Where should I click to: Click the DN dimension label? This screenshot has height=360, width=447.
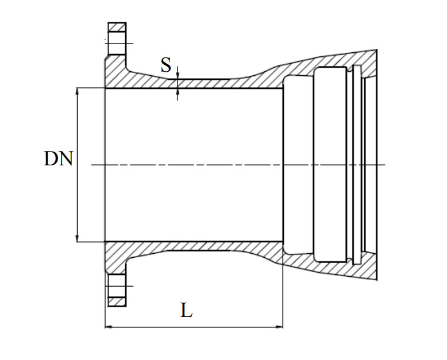pos(59,158)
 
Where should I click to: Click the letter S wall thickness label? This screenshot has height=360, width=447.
pos(166,65)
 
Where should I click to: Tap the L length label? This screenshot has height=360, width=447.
pos(186,311)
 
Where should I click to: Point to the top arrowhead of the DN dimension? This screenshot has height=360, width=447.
pos(78,92)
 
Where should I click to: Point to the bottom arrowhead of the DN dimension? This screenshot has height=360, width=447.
pos(78,238)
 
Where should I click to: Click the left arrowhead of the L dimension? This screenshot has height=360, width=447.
pos(109,327)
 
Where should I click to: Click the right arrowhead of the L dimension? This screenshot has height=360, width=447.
pos(279,327)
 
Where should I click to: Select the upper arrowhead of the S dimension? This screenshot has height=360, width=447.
pos(178,76)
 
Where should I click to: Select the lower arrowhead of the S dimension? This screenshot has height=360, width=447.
pos(178,92)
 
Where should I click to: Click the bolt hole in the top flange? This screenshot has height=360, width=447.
pos(117,43)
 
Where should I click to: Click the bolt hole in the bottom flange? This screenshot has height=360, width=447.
pos(117,287)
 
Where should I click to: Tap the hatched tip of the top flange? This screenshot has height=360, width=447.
pos(117,27)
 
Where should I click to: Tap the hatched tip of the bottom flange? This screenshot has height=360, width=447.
pos(117,302)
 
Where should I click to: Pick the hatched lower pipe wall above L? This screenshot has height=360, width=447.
pos(194,246)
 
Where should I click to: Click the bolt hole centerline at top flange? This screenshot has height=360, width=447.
pos(119,44)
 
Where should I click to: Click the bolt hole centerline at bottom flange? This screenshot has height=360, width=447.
pos(119,286)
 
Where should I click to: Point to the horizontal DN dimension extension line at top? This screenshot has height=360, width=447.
pos(91,88)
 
